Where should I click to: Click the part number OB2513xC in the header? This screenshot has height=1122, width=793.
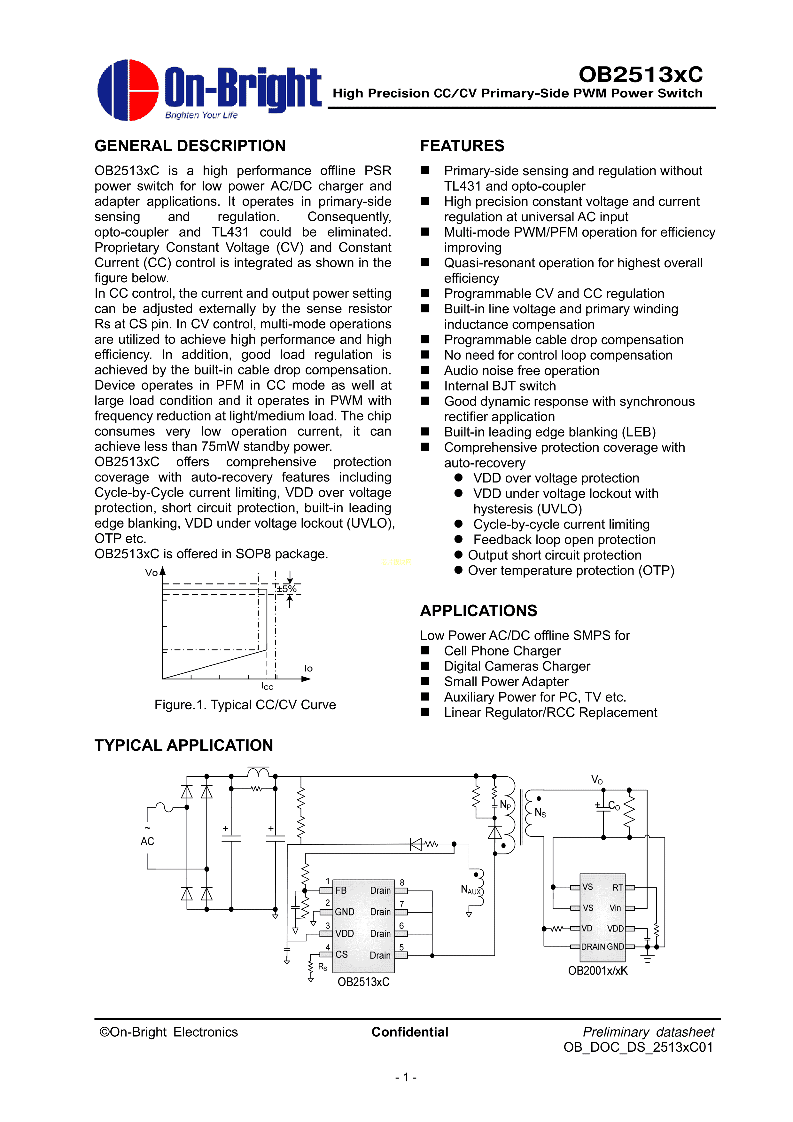tap(640, 74)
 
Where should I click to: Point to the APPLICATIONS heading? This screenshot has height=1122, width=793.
tap(478, 610)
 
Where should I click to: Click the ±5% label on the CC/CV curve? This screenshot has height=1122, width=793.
tap(286, 589)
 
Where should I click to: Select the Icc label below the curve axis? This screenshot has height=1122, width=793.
tap(267, 686)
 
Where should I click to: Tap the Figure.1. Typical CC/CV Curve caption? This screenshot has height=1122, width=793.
tap(245, 705)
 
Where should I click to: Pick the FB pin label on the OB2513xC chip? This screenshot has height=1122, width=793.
tap(341, 891)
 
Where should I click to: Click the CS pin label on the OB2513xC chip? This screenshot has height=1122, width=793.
tap(342, 954)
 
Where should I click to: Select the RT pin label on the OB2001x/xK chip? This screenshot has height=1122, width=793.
tap(618, 887)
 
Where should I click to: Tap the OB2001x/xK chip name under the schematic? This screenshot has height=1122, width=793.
tap(598, 970)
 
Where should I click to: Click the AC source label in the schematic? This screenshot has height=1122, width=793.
tap(147, 841)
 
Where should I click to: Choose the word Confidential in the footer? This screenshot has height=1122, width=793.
tap(409, 1032)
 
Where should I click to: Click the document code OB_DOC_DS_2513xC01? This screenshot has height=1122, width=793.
tap(638, 1047)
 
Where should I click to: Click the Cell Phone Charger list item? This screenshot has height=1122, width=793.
tap(502, 651)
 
